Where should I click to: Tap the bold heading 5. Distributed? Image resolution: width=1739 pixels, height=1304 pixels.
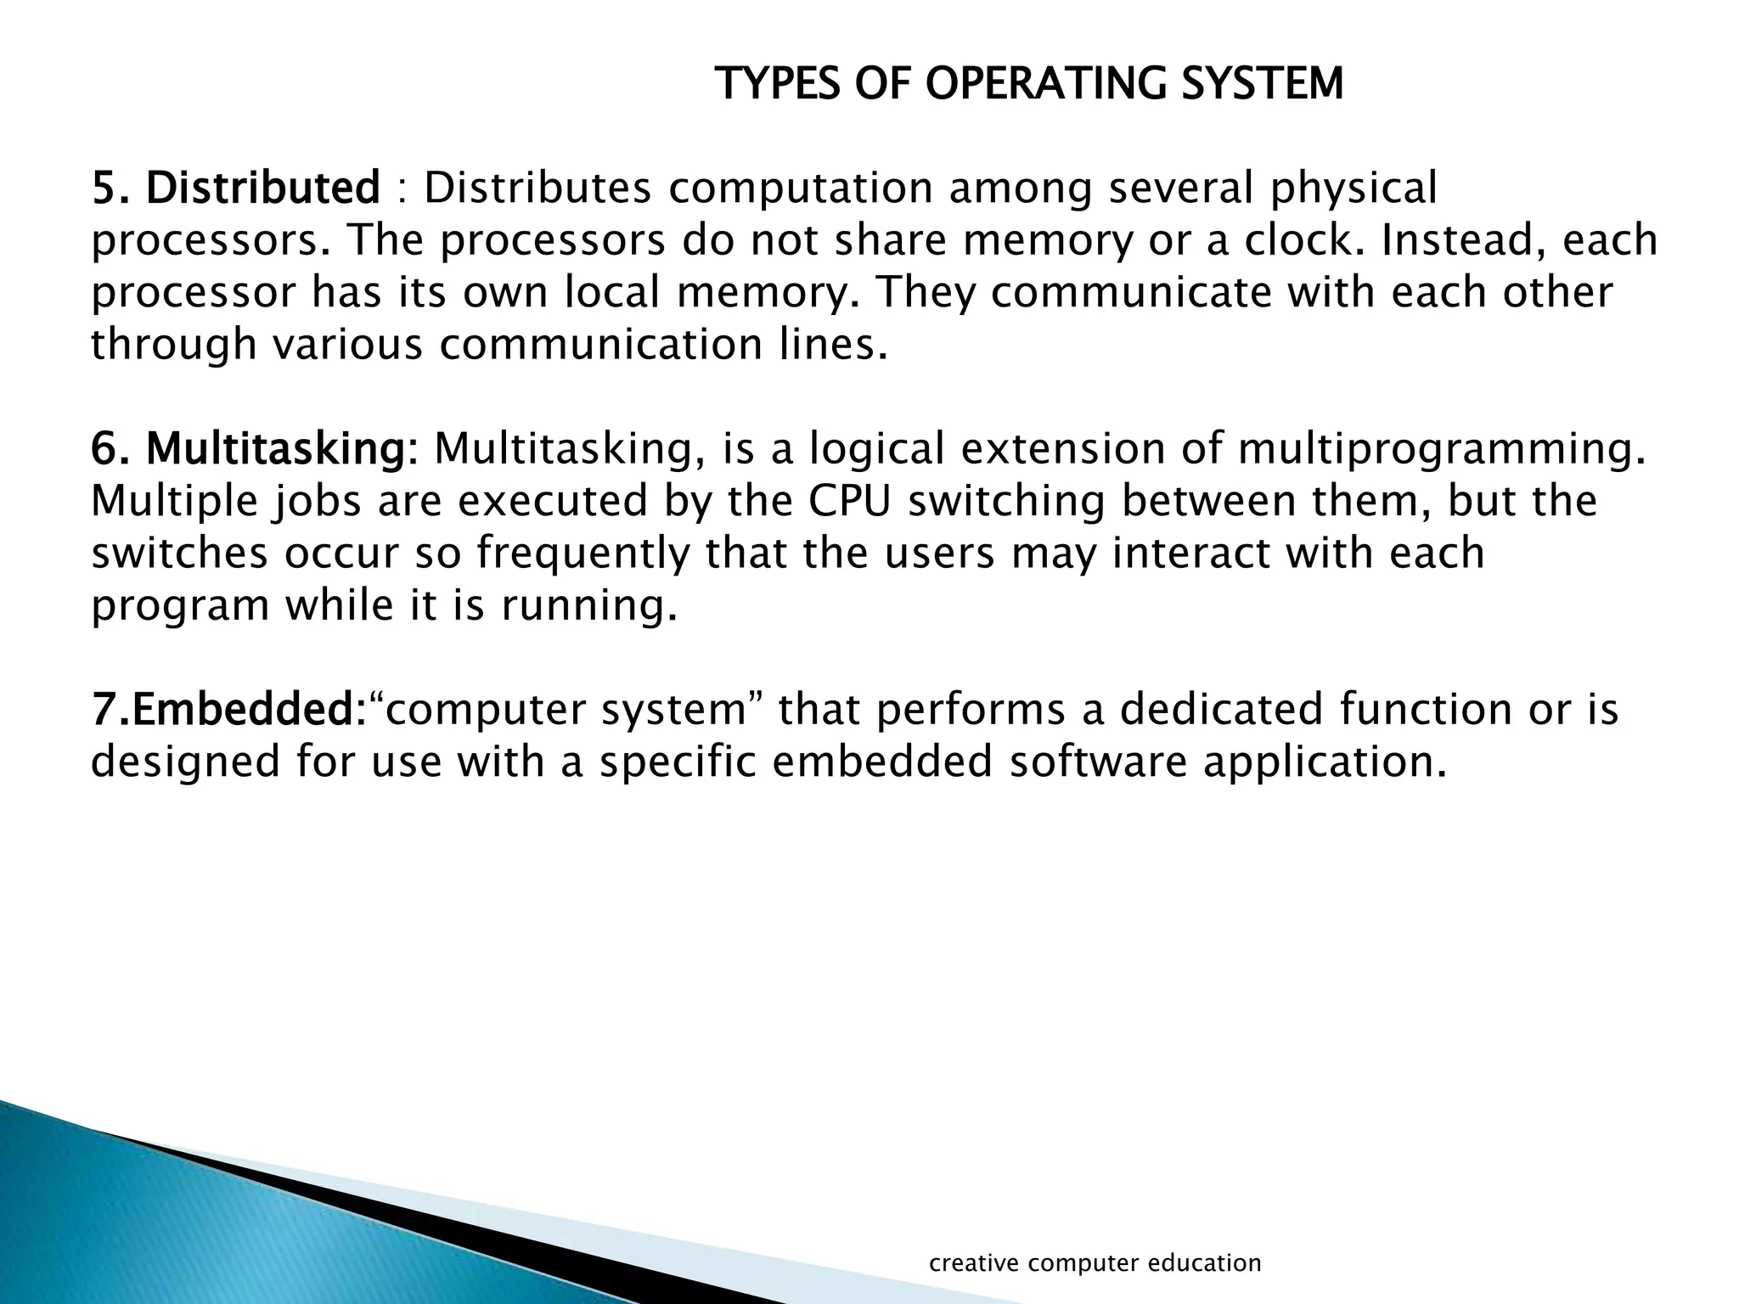click(x=236, y=188)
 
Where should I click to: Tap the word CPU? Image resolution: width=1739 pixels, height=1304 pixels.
click(x=850, y=501)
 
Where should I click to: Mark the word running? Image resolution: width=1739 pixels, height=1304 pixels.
click(x=589, y=606)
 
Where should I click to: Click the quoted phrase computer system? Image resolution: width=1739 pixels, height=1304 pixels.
click(x=564, y=710)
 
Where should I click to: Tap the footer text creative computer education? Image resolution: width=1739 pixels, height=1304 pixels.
click(x=1095, y=1262)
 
